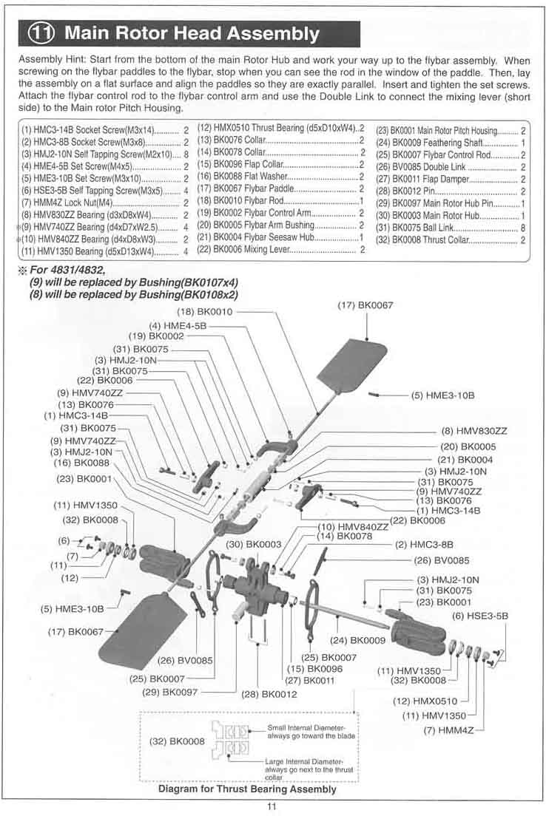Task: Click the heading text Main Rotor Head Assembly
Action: (192, 34)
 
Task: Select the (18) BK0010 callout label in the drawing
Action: (204, 312)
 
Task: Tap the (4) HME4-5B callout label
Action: (178, 325)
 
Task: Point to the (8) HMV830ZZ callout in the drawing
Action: (474, 430)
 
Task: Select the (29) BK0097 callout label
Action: (172, 693)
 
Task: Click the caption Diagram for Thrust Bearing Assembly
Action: (247, 789)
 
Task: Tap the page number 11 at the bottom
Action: (272, 806)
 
